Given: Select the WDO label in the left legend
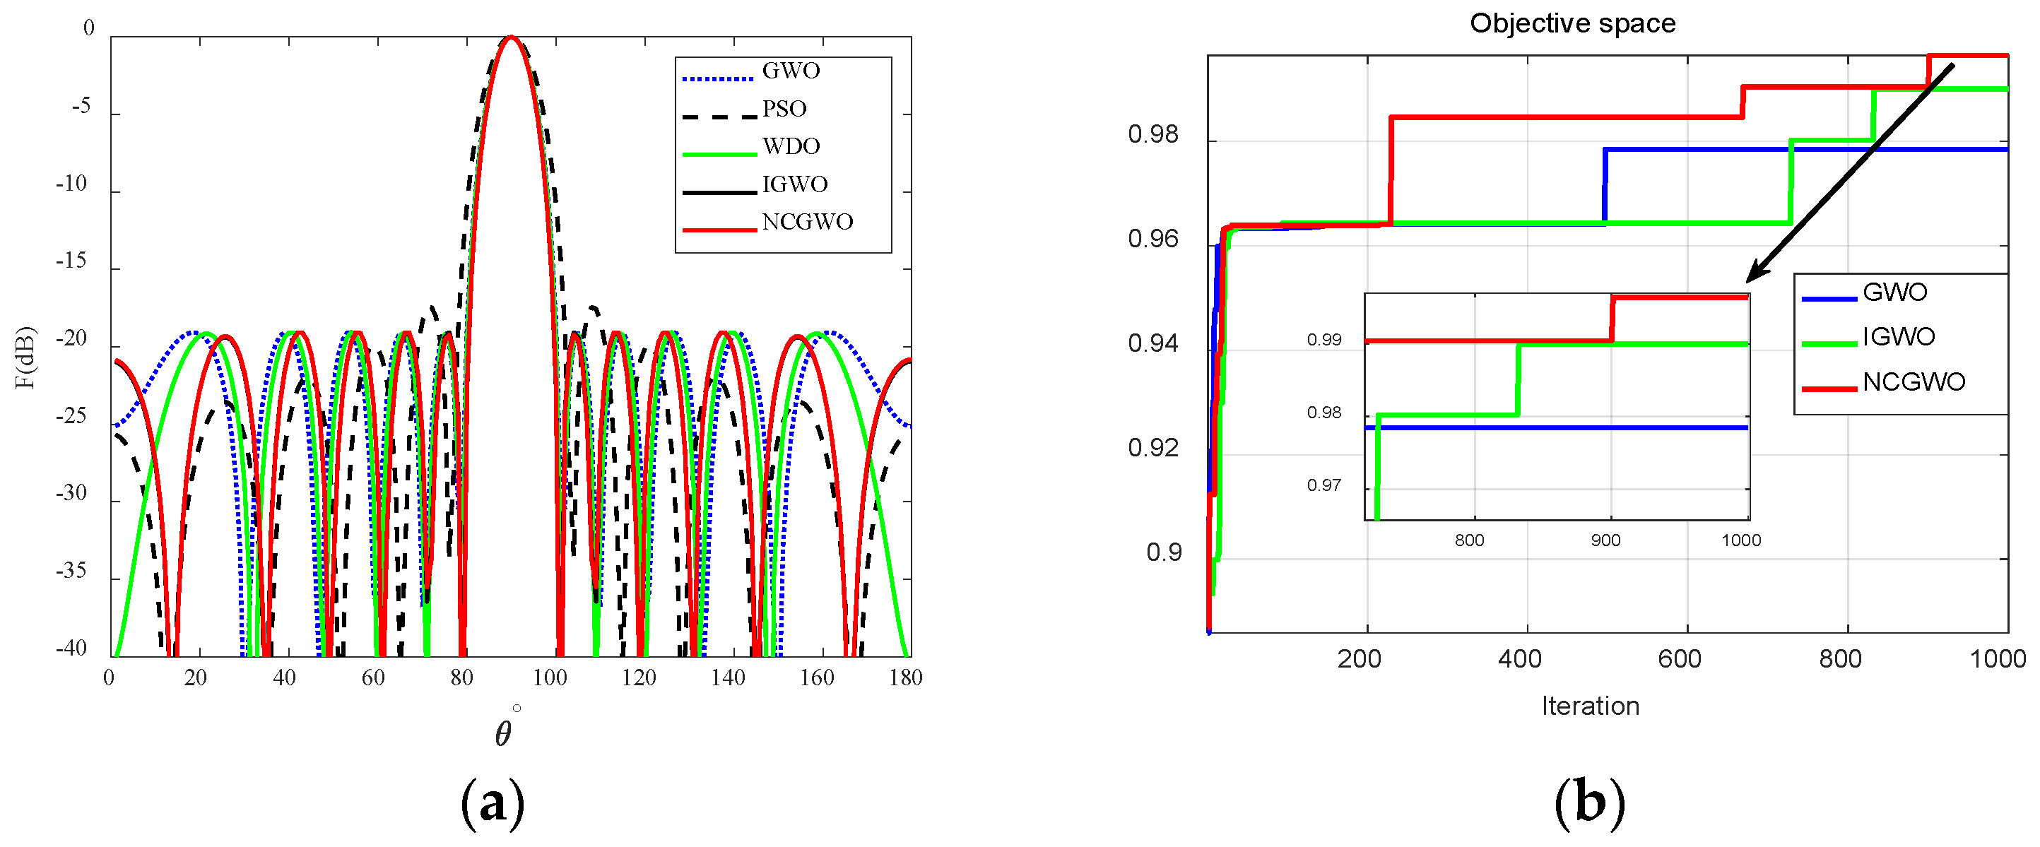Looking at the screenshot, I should coord(790,146).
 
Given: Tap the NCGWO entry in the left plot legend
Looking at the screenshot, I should coord(807,222).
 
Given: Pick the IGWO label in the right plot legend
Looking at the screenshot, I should coord(1898,337).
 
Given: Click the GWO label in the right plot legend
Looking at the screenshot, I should coord(1894,292).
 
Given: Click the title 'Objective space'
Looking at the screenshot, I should coord(1572,23).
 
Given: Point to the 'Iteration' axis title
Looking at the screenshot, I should coord(1590,705).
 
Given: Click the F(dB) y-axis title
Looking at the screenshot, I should coord(25,357).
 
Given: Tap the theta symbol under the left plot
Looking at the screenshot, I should coord(503,734).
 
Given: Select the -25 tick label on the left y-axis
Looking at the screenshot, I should coord(71,415).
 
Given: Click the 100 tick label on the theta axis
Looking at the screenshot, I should coord(550,677).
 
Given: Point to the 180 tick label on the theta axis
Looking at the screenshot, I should coord(905,677).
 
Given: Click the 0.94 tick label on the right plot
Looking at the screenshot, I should coord(1152,343).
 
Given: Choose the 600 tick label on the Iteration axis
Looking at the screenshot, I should coord(1680,658).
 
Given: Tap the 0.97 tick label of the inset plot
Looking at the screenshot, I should coord(1323,485).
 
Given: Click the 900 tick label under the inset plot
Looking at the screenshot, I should coord(1605,540).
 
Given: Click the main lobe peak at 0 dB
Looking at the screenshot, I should coord(512,37).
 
